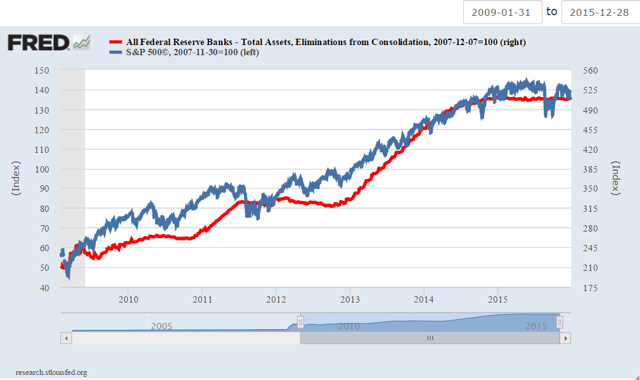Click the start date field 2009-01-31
(502, 12)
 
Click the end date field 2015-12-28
(600, 12)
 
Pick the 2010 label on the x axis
(128, 299)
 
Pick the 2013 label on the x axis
(350, 299)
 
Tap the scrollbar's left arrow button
(66, 339)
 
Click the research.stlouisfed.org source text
(51, 372)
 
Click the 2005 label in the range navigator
(162, 326)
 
